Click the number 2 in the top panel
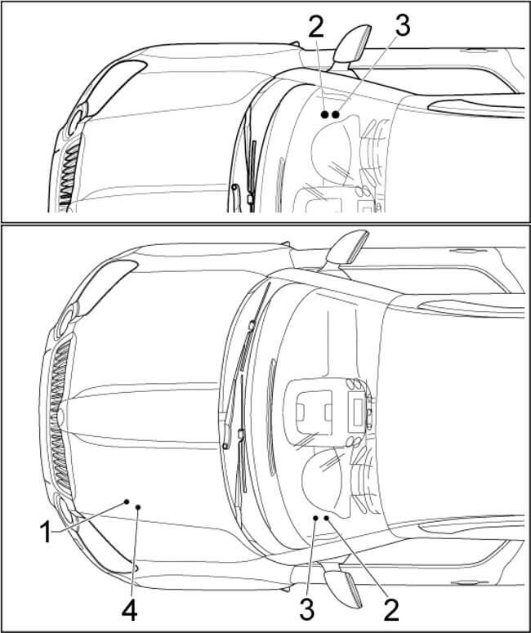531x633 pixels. [x=316, y=27]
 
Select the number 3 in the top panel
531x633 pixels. [x=402, y=25]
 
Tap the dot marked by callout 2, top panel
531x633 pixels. [x=324, y=115]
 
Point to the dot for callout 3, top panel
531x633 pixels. [x=336, y=115]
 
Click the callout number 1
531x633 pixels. [x=47, y=532]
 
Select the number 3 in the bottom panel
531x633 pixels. [x=307, y=608]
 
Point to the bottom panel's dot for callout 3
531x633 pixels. [x=315, y=518]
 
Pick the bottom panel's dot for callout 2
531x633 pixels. [x=326, y=517]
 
